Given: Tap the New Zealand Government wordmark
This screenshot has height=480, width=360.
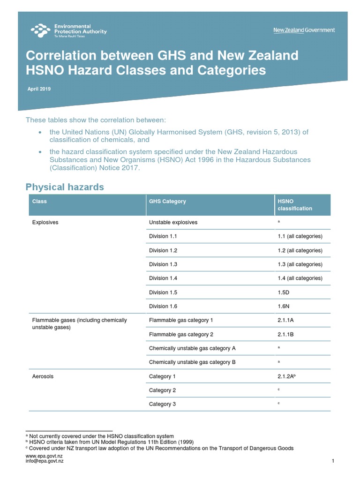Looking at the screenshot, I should coord(304,30).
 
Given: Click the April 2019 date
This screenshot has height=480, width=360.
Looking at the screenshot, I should coord(38,89).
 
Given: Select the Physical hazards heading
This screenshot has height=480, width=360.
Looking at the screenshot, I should coord(65,187).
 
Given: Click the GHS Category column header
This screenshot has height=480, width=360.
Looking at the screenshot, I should coord(167,201).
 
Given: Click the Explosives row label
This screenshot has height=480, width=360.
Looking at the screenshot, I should coord(45,222).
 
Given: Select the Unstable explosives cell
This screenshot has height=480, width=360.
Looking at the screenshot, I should coord(173,222).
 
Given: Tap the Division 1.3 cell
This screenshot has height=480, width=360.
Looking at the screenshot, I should coord(163,264).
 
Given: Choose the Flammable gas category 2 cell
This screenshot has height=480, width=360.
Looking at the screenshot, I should coord(181,334).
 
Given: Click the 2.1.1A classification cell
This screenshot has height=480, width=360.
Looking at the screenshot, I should coord(286,320).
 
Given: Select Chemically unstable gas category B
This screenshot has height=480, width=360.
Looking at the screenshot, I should coord(192,362).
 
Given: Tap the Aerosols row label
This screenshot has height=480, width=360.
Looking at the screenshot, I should coord(43,376).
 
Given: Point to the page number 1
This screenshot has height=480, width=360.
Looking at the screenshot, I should coord(332,461).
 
